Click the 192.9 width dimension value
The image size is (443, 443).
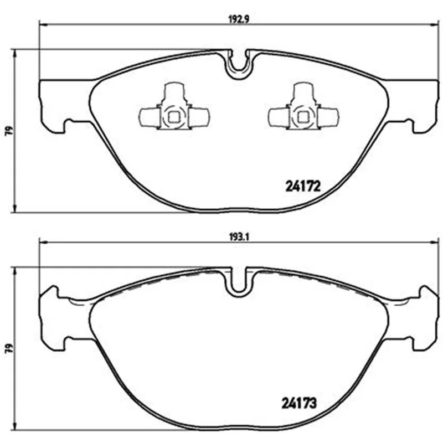(236, 19)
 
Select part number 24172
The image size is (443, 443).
(303, 187)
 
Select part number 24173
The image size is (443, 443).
(299, 403)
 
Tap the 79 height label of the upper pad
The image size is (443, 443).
(9, 131)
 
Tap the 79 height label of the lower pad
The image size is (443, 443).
(9, 348)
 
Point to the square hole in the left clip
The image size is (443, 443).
(173, 117)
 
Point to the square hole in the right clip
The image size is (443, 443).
(303, 117)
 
